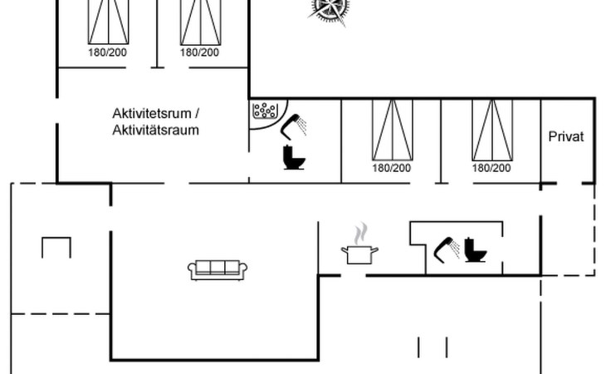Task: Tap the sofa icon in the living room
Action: (x=217, y=270)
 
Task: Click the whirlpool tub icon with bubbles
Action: (x=265, y=111)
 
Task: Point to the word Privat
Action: (x=566, y=136)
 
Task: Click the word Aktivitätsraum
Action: (x=156, y=130)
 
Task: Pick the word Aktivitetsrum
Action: (x=151, y=114)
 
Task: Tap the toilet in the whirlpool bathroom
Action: (x=294, y=157)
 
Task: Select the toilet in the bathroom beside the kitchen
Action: (x=475, y=250)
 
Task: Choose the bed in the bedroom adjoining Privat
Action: (x=492, y=130)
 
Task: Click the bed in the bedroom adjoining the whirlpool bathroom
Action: (x=393, y=130)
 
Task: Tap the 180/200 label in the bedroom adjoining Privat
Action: (x=491, y=168)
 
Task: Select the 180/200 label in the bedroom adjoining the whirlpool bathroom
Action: (x=392, y=168)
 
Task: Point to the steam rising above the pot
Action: (x=361, y=234)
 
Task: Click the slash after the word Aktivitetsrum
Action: (x=197, y=114)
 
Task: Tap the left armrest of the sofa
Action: (x=192, y=270)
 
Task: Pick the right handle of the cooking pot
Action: (x=375, y=250)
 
